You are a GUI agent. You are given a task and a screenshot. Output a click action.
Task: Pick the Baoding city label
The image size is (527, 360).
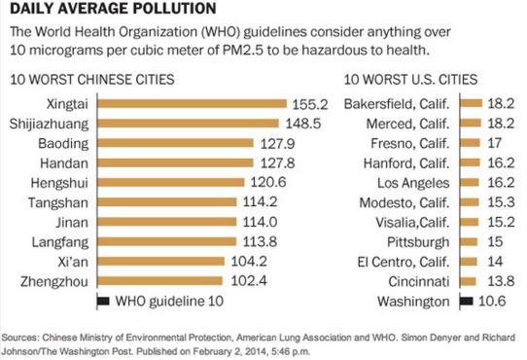pos(64,142)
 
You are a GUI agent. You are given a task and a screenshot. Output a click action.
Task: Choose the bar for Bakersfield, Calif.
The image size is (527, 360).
pos(471,103)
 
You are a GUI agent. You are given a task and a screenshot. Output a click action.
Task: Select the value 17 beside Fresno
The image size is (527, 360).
pos(496,142)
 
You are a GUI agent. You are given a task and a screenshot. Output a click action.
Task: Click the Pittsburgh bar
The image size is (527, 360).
pos(469,241)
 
